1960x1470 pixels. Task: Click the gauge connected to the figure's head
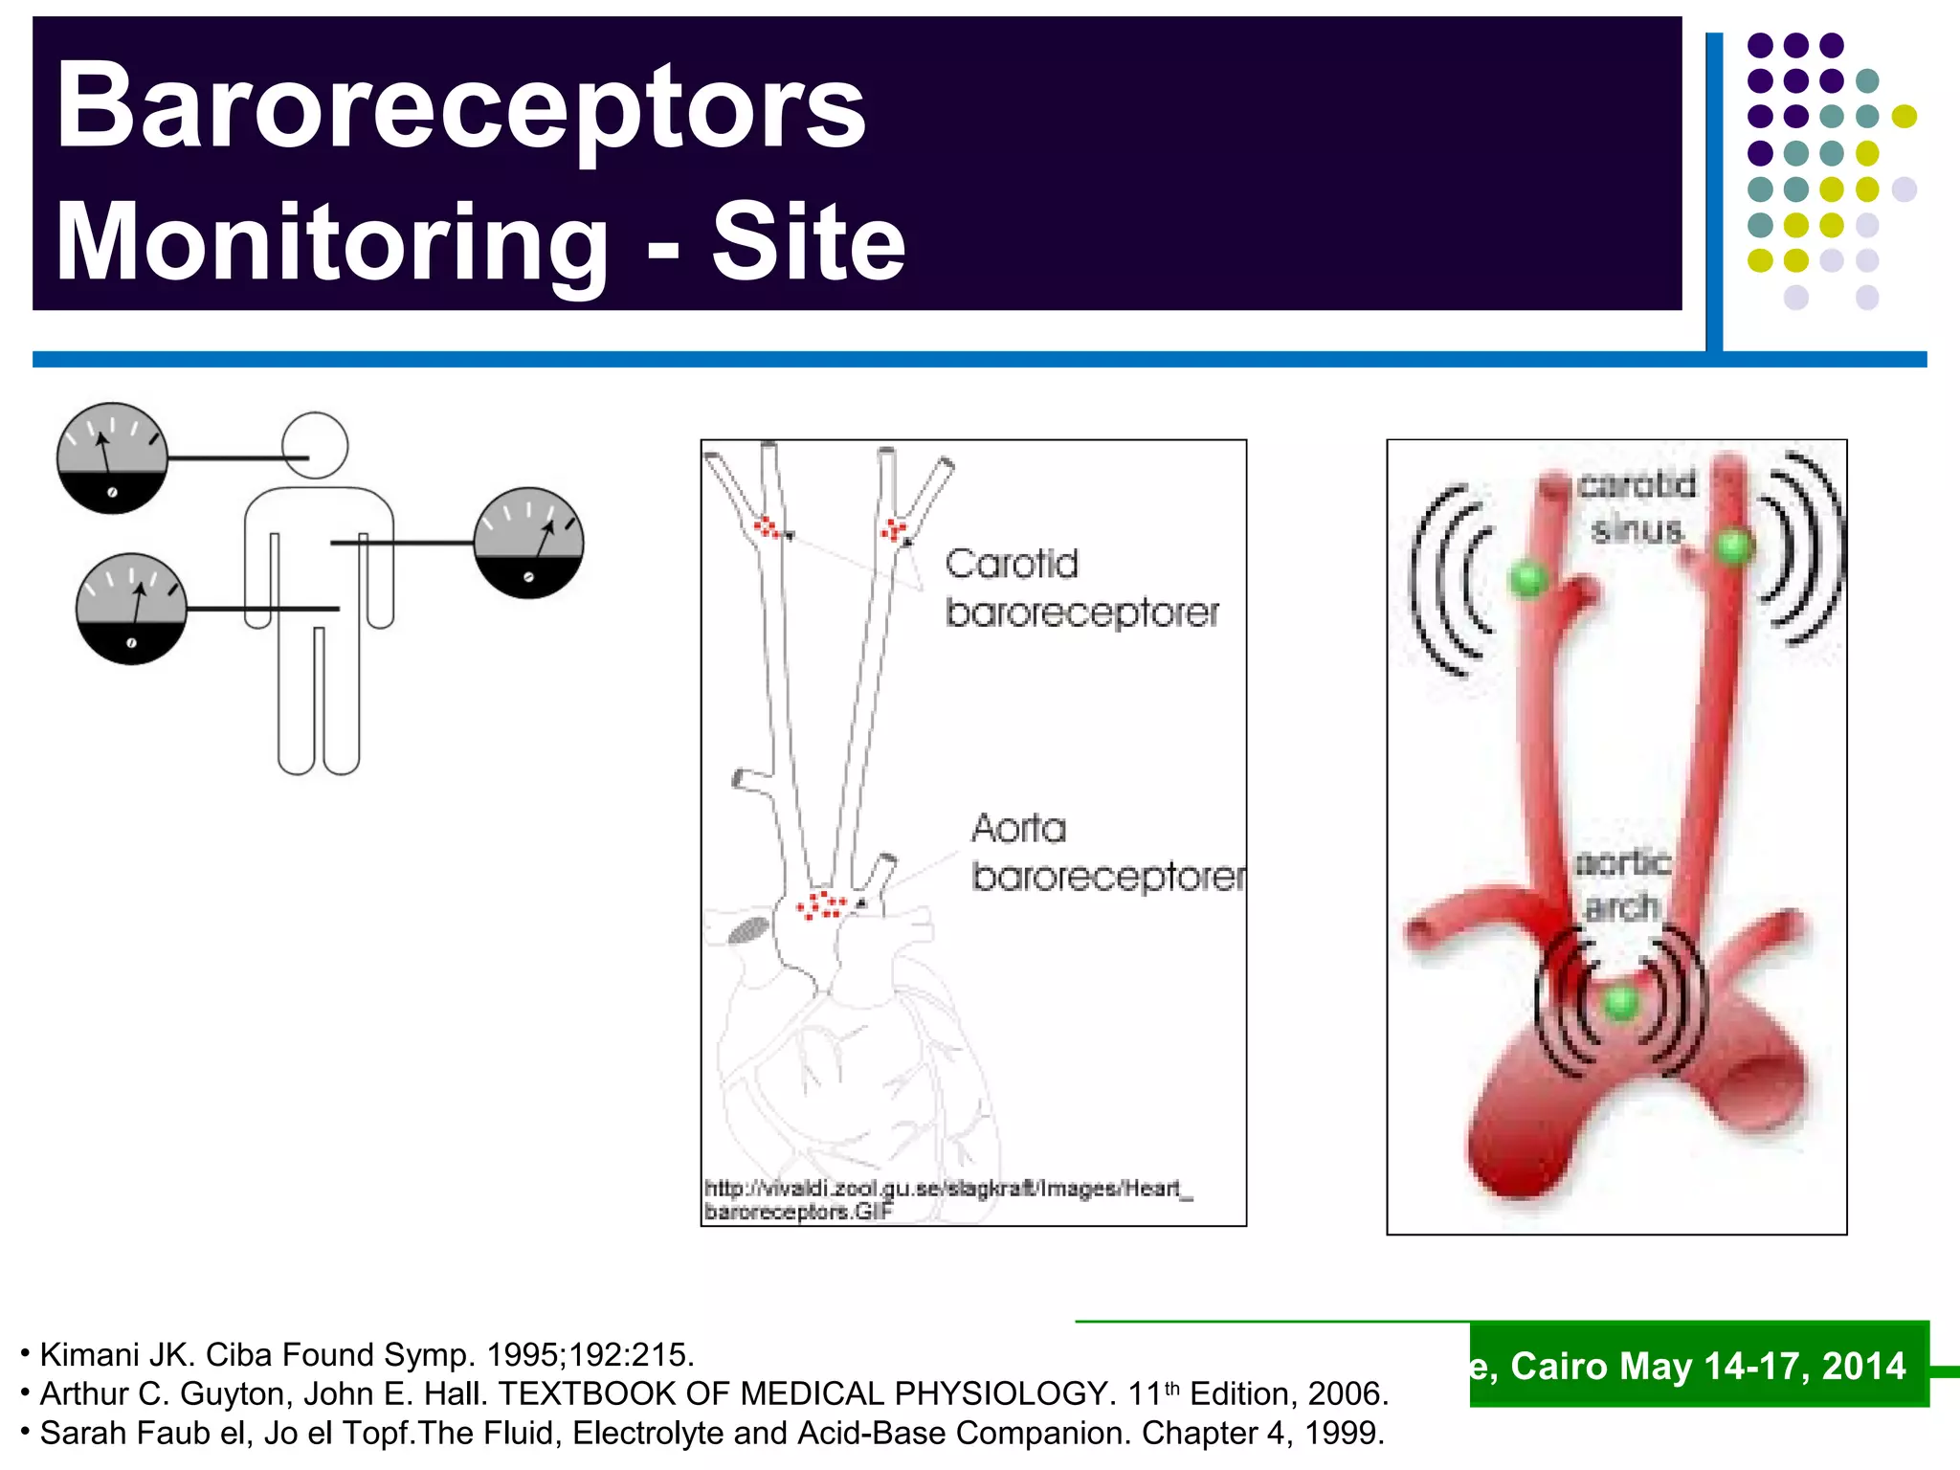click(x=112, y=457)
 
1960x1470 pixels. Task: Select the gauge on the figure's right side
click(x=528, y=543)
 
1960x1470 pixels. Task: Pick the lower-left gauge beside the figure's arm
click(x=131, y=608)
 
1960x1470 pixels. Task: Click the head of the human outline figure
click(x=315, y=445)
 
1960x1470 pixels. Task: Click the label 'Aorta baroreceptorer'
click(x=1107, y=852)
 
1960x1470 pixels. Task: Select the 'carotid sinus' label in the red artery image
click(x=1637, y=507)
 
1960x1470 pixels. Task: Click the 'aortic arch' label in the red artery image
click(x=1622, y=885)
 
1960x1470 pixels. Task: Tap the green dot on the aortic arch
click(x=1620, y=1003)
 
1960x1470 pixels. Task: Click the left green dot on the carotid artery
click(x=1528, y=579)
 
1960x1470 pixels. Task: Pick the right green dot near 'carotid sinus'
click(x=1733, y=547)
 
